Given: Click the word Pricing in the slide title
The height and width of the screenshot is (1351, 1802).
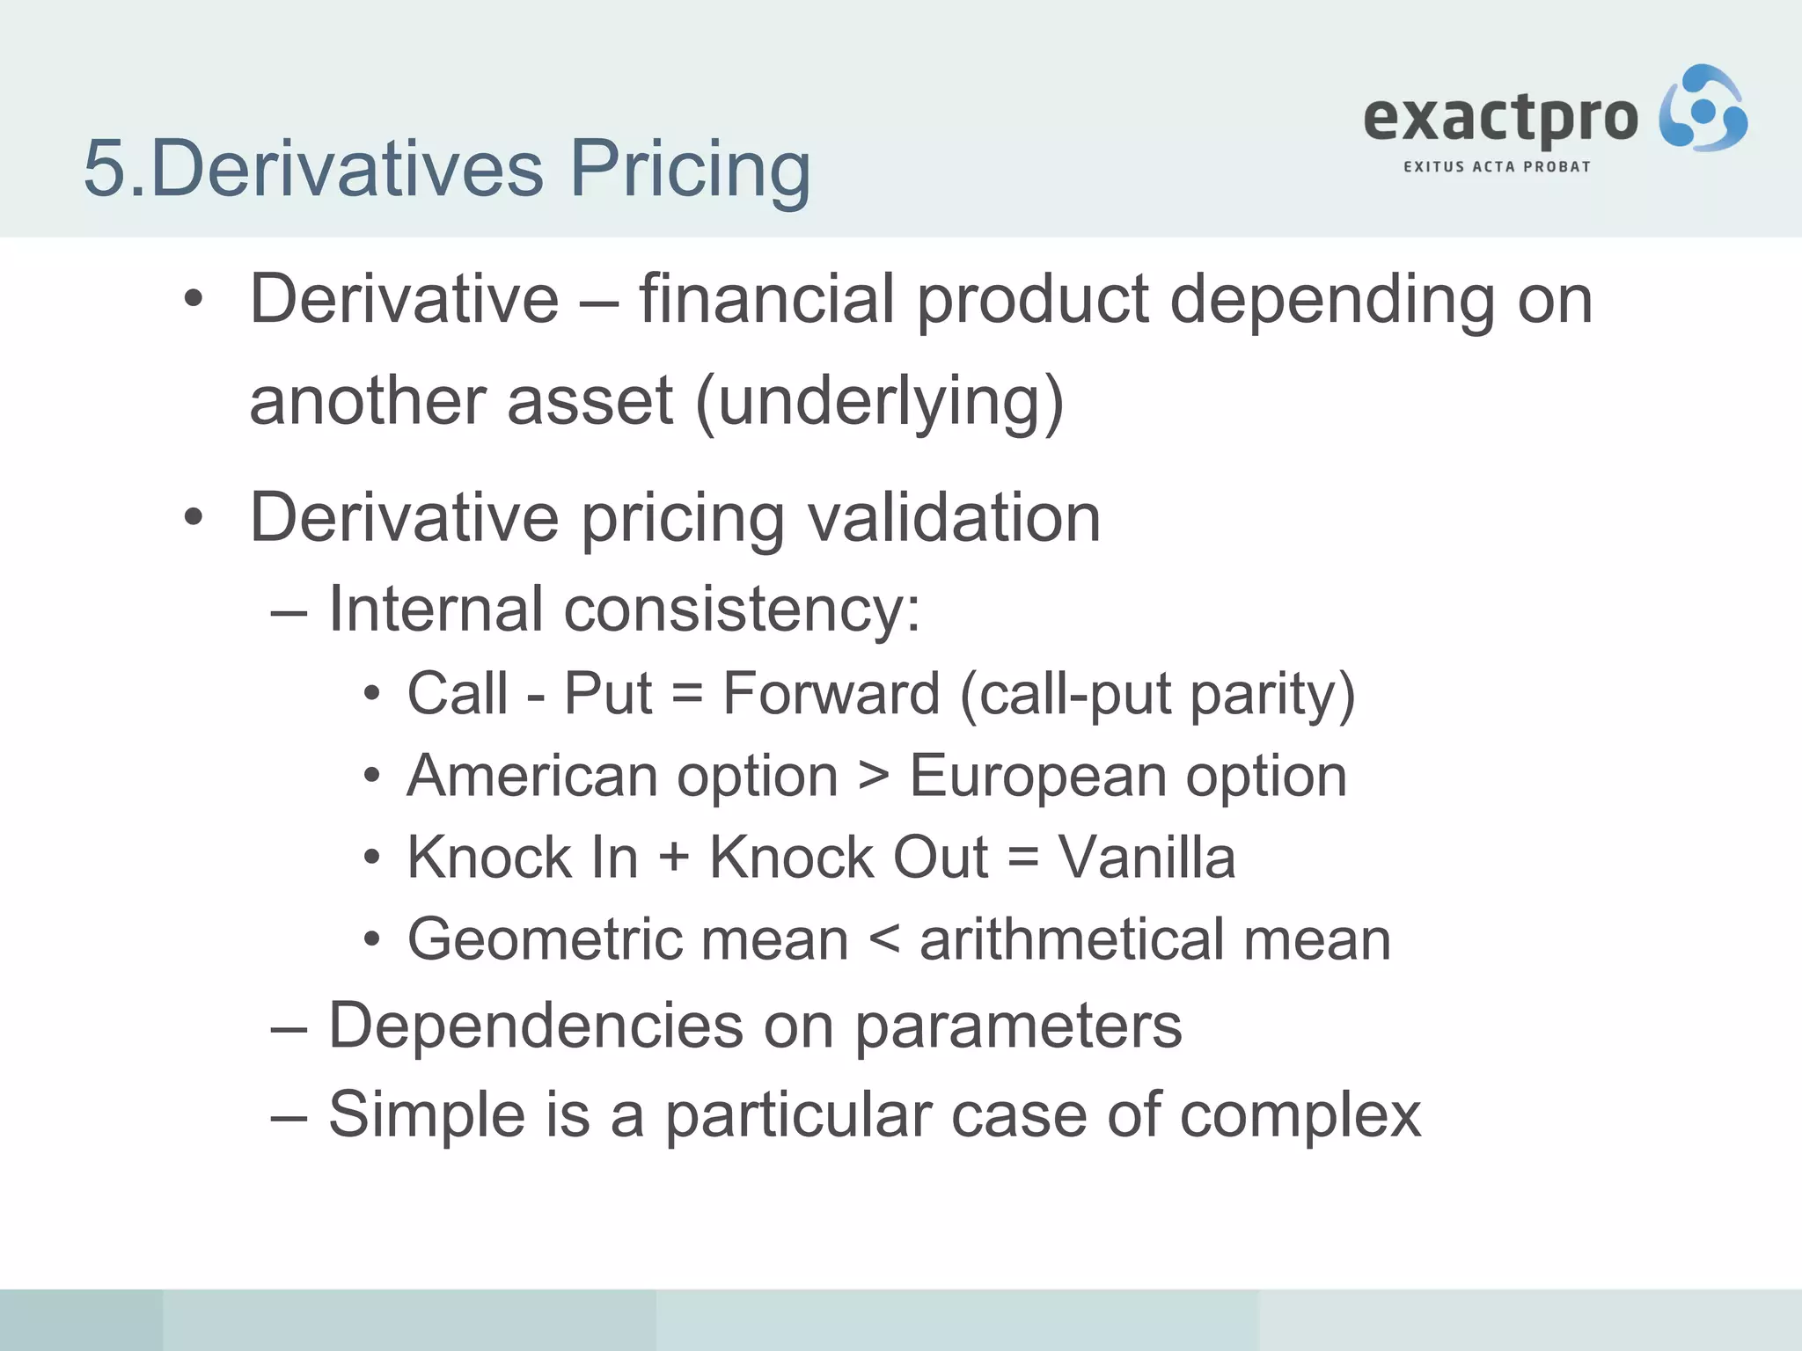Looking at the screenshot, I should click(690, 169).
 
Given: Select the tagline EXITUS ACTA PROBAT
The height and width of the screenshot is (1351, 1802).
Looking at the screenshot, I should click(1497, 166).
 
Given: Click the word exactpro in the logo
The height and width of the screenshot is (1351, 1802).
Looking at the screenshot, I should click(1500, 118).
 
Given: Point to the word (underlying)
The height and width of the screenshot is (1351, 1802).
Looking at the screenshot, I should click(879, 401).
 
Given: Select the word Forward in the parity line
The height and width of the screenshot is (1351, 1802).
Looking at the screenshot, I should click(831, 693).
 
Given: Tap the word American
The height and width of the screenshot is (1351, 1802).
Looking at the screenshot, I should click(534, 776).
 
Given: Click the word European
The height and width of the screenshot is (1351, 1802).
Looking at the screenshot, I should click(1037, 776).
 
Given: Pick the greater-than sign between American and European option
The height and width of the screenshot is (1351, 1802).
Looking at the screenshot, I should click(874, 778).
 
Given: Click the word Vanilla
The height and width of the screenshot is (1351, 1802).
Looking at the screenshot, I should click(1146, 858).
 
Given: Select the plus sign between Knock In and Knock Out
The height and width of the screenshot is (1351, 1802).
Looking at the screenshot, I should click(674, 858).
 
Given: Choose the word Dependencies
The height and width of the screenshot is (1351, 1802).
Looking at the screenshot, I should click(536, 1026).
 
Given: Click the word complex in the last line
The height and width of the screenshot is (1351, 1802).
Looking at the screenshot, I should click(1300, 1115).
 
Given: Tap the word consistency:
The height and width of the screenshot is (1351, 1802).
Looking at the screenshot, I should click(742, 609).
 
